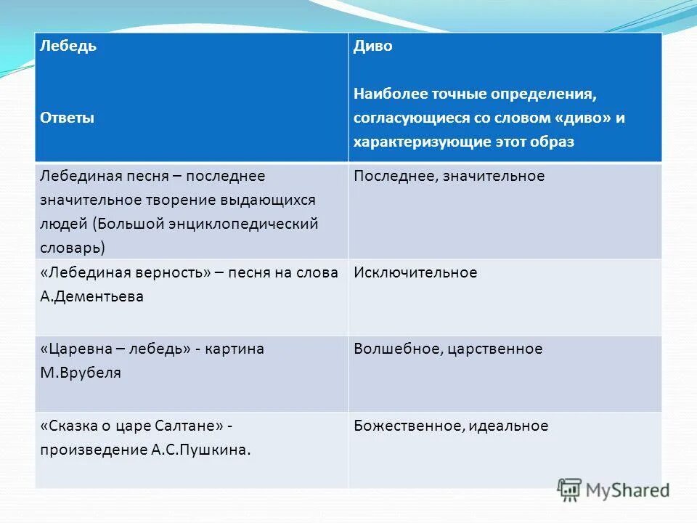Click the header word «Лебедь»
pyautogui.click(x=68, y=46)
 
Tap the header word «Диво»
pyautogui.click(x=373, y=46)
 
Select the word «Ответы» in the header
pyautogui.click(x=68, y=118)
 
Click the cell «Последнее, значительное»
pyautogui.click(x=449, y=177)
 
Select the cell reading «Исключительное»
pyautogui.click(x=415, y=272)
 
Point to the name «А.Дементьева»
pyautogui.click(x=91, y=296)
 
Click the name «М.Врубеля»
pyautogui.click(x=81, y=373)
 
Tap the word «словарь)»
pyautogui.click(x=73, y=247)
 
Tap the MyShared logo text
pyautogui.click(x=628, y=490)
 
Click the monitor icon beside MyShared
pyautogui.click(x=570, y=490)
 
